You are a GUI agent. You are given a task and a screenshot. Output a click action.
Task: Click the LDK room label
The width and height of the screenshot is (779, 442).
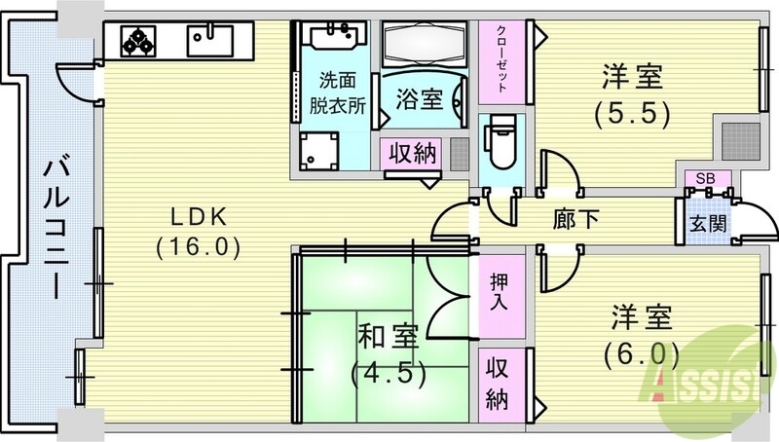pos(197,213)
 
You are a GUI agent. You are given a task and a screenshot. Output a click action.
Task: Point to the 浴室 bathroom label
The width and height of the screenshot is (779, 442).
pos(421,99)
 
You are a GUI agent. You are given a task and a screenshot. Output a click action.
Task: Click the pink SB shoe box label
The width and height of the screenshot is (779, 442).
pos(700,178)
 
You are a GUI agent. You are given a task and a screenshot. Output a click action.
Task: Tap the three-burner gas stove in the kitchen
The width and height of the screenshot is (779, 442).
pos(137,40)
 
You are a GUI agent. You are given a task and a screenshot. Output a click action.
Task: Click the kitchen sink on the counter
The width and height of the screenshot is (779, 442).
pos(209,40)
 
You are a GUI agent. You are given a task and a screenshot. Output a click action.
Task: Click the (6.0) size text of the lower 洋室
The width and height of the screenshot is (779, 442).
pos(641,353)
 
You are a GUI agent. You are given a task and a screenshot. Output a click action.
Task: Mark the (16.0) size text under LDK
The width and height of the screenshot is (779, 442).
pos(197,246)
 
